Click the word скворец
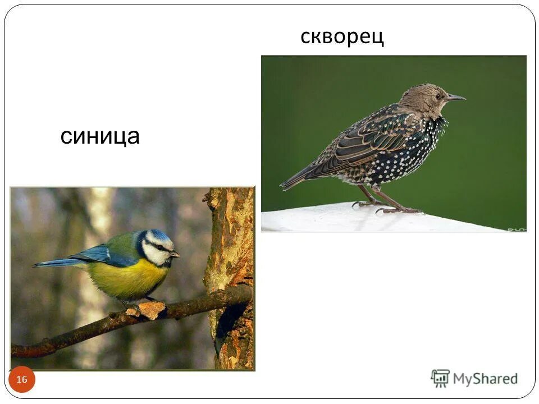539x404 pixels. (342, 37)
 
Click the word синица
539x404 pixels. (100, 136)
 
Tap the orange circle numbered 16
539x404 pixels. (22, 380)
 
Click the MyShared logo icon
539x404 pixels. (440, 378)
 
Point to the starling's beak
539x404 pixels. (455, 98)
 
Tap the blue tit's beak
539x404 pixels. (175, 254)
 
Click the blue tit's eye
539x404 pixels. (161, 247)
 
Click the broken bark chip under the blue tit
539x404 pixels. (150, 309)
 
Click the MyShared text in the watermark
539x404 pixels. (485, 379)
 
